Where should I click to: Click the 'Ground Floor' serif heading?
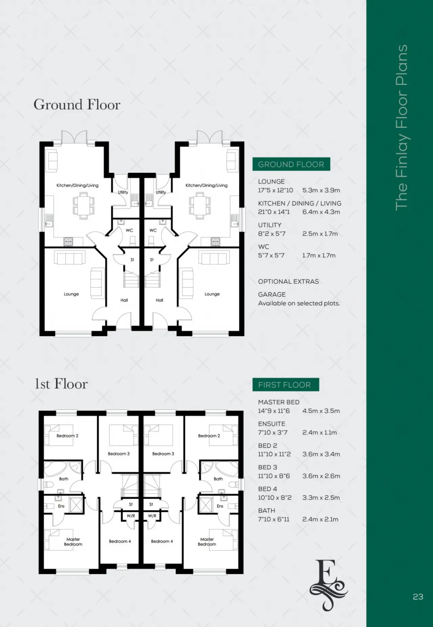77,104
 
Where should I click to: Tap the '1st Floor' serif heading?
61,384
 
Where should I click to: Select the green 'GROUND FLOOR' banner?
291,164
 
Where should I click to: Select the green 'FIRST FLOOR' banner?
286,385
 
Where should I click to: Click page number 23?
418,597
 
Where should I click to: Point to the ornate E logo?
328,585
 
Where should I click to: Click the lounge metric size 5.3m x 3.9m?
321,190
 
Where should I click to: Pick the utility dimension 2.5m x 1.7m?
320,234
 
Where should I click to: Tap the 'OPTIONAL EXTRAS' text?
289,281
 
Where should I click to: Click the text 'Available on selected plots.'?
299,303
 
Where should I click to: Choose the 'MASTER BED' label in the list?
279,402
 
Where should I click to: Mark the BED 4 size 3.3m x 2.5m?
321,498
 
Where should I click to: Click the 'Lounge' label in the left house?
71,294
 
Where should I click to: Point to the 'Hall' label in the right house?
159,300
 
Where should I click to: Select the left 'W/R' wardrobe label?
131,516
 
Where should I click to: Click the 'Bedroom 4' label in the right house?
162,541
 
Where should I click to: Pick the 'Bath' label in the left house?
64,479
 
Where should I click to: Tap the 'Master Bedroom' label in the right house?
207,542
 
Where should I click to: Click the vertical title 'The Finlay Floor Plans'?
402,127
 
